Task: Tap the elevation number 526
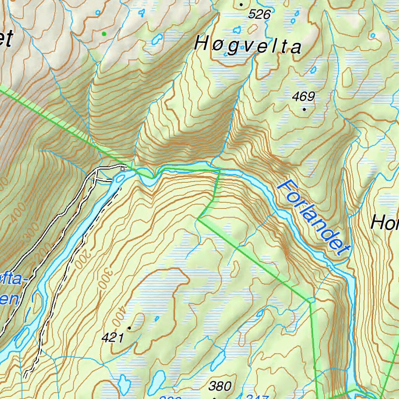[259, 15]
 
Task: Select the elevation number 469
[304, 97]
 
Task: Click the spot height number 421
[112, 338]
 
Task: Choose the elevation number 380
[220, 386]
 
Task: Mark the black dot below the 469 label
[304, 109]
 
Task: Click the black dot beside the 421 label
[129, 328]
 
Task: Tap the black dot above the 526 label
[241, 5]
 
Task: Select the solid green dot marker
[104, 34]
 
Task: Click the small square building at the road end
[123, 169]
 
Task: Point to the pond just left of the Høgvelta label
[157, 39]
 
